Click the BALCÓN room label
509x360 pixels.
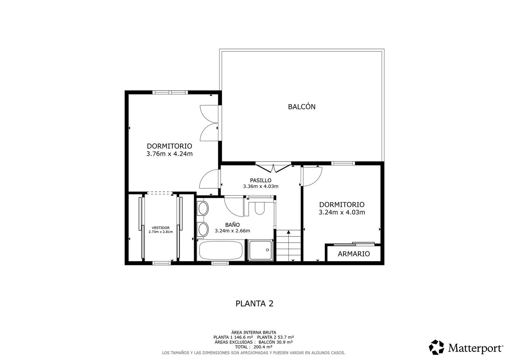click(302, 107)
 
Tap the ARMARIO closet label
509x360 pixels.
click(354, 254)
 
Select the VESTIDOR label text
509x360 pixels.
click(161, 228)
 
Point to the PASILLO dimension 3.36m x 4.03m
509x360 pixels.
click(261, 186)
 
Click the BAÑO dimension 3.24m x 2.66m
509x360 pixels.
click(232, 231)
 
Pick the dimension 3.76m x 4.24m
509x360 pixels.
click(170, 154)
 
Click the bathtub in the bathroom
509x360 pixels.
click(221, 250)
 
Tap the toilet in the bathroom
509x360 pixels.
click(260, 208)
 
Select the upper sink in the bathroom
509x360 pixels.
click(203, 208)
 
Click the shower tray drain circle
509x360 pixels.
click(267, 250)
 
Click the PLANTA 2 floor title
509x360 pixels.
click(254, 304)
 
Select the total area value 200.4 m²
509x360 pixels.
click(263, 347)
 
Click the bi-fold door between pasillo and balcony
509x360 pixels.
click(274, 168)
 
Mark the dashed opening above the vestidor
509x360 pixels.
click(160, 193)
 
